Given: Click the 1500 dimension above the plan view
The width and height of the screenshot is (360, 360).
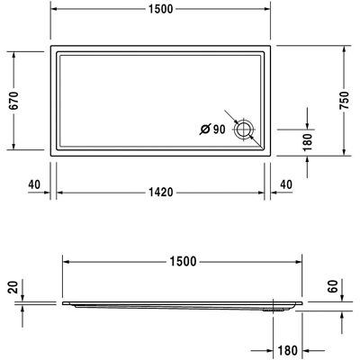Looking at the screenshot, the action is click(x=161, y=9).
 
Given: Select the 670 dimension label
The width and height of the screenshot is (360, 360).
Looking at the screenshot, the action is click(x=13, y=100).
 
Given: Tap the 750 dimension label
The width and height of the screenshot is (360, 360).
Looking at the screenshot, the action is click(x=345, y=101).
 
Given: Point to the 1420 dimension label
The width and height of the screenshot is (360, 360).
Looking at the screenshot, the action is click(x=161, y=192).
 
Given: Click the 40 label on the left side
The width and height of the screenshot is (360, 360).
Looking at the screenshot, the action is click(x=34, y=184).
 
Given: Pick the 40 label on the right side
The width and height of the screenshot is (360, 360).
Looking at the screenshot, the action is click(x=286, y=184).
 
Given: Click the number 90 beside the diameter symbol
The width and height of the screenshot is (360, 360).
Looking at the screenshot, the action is click(x=219, y=130).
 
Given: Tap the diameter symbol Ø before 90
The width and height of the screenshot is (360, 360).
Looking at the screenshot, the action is click(x=205, y=130).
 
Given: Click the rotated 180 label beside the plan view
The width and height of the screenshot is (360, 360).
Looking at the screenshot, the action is click(x=308, y=142).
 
